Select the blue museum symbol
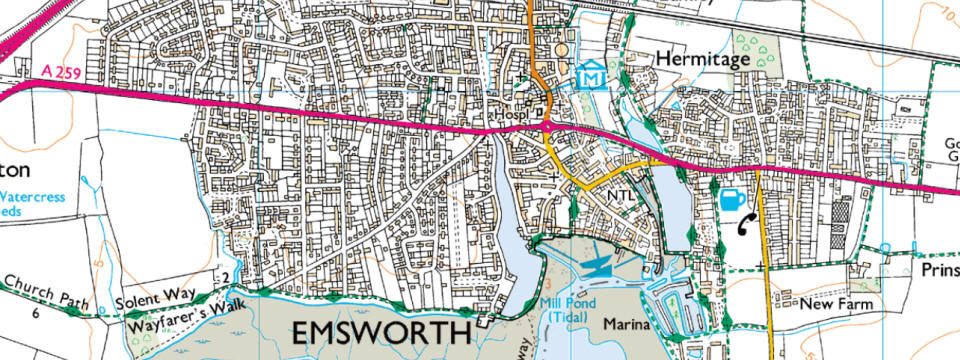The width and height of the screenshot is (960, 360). pyautogui.click(x=592, y=75)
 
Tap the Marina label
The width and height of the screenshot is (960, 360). pyautogui.click(x=627, y=325)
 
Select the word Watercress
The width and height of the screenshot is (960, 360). pyautogui.click(x=33, y=197)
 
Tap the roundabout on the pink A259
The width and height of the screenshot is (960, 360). pyautogui.click(x=547, y=126)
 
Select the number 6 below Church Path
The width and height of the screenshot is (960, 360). pyautogui.click(x=35, y=313)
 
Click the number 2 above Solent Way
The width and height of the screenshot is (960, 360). pyautogui.click(x=226, y=277)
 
